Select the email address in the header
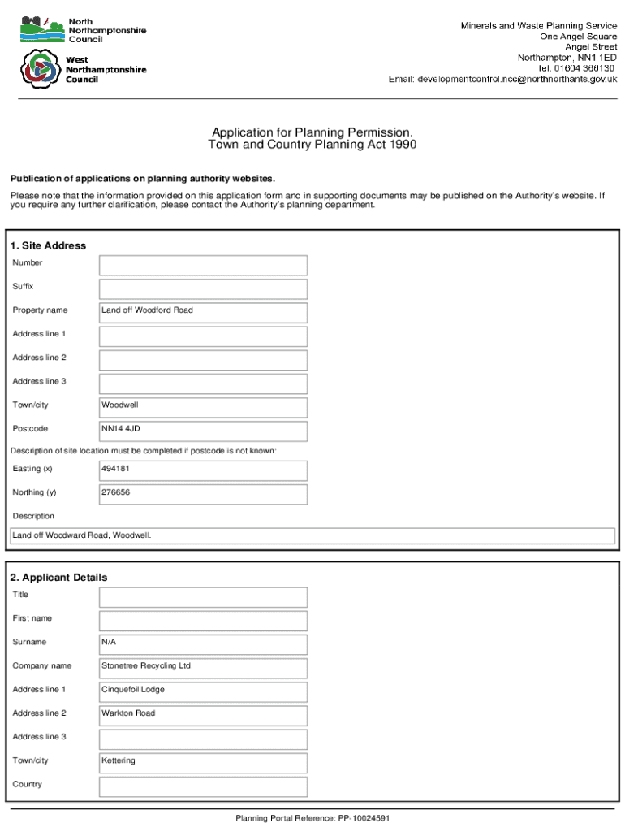(x=502, y=80)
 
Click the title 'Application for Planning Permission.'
(x=312, y=132)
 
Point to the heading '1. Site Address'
(x=48, y=245)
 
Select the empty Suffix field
(x=203, y=289)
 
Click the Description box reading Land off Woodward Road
(x=312, y=536)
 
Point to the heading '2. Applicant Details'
(x=58, y=578)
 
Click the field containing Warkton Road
(x=203, y=715)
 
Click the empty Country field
(x=203, y=786)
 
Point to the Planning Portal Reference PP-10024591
(x=312, y=818)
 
